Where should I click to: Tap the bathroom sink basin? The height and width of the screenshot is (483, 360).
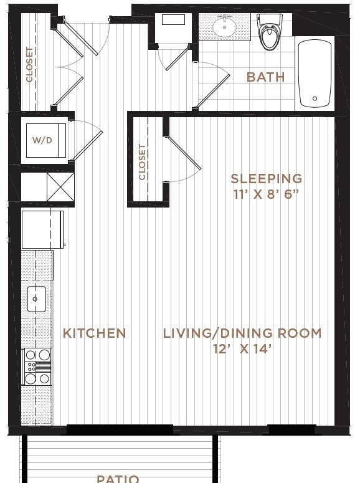tap(223, 27)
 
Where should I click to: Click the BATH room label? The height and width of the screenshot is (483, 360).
tap(266, 77)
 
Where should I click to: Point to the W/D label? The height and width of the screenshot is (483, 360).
tap(42, 140)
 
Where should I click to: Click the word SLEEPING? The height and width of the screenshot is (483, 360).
tap(266, 178)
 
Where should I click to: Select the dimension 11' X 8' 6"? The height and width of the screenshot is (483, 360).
tap(266, 193)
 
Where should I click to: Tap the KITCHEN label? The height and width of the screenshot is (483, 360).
tap(95, 333)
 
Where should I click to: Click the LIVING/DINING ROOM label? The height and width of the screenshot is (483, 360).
tap(242, 333)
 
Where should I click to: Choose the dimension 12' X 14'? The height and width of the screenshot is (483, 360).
tap(242, 349)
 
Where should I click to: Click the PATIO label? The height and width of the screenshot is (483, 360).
tap(118, 478)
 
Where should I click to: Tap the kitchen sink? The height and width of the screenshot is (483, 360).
tap(36, 299)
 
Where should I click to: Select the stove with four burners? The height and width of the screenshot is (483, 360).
tap(37, 366)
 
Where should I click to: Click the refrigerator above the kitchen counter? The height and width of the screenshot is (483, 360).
tap(42, 229)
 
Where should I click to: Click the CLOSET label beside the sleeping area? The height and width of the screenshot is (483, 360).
tap(143, 162)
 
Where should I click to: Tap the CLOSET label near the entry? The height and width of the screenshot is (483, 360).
tap(29, 65)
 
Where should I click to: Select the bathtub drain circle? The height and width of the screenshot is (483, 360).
tap(315, 99)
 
